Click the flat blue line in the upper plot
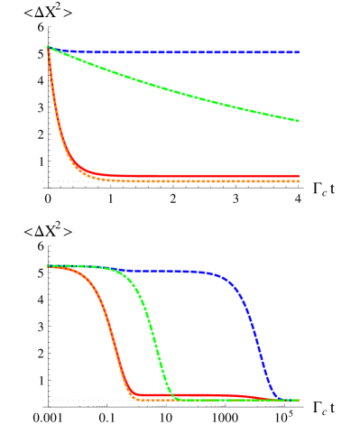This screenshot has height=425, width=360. click(x=180, y=52)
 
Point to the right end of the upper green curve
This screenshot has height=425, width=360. click(x=299, y=121)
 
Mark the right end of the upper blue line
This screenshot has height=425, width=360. click(x=299, y=52)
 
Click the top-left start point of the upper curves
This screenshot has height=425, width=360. click(x=48, y=47)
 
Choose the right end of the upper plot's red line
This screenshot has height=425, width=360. click(x=299, y=176)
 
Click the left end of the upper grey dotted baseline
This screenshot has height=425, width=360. click(x=42, y=181)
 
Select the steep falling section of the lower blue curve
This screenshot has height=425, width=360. click(x=258, y=343)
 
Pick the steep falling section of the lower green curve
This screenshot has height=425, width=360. click(x=153, y=343)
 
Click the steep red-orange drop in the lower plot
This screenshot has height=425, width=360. click(x=115, y=343)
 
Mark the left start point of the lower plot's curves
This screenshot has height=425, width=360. click(x=48, y=266)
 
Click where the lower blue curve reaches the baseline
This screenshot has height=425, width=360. click(x=282, y=399)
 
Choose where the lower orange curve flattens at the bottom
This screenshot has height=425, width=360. click(x=137, y=398)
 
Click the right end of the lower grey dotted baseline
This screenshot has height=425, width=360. click(x=303, y=400)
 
